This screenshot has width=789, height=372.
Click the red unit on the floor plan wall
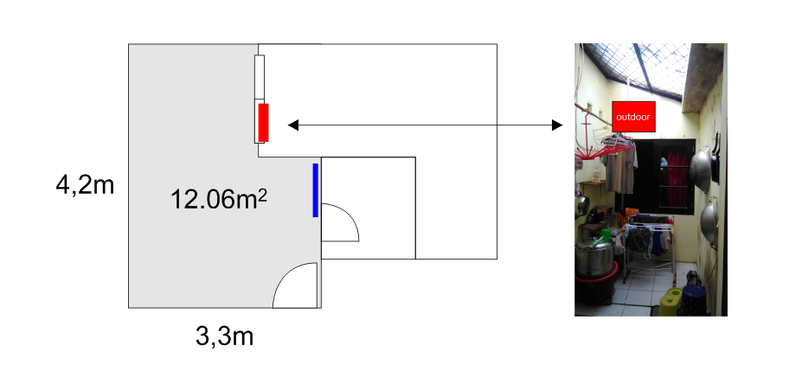(x=263, y=122)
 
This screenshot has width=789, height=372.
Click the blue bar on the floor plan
(x=316, y=190)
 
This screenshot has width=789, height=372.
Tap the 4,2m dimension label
(x=85, y=186)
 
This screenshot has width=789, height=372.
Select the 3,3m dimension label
(x=224, y=337)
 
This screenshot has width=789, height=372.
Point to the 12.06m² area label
(x=219, y=199)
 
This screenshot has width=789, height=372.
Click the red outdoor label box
(x=633, y=117)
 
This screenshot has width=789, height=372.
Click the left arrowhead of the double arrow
(x=293, y=125)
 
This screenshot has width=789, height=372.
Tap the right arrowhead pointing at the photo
(x=557, y=125)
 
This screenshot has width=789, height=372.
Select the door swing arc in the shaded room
(x=295, y=285)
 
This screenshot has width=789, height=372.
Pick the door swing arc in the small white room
(x=340, y=222)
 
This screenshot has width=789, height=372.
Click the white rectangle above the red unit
(x=260, y=76)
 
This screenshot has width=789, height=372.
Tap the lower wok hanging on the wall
(x=709, y=221)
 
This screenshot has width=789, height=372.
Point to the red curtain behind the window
(x=677, y=179)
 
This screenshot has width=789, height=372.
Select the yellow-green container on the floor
(x=670, y=302)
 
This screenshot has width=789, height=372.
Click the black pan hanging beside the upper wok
(x=716, y=157)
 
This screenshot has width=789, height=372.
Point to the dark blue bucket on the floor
(x=693, y=300)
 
